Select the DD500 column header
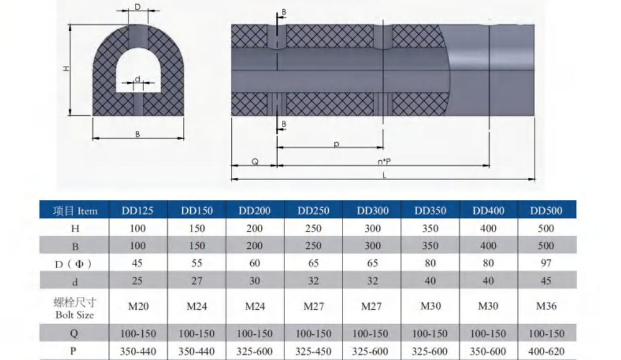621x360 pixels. pos(546,211)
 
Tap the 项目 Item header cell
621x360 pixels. pos(74,211)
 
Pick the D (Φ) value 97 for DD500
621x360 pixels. pos(546,263)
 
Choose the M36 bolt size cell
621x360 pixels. pos(546,306)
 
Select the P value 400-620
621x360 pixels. pos(546,351)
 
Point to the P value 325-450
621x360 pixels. pos(313,351)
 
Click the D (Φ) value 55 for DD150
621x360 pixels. pos(196,263)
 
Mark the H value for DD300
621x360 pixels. pos(372,228)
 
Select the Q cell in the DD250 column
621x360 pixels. pos(313,334)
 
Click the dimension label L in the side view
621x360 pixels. pos(384,175)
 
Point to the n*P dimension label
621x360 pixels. pos(384,161)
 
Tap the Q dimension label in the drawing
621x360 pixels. pos(254,161)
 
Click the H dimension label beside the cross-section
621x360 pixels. pos(66,68)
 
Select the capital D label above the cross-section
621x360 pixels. pos(137,7)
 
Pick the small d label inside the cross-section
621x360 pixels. pos(137,79)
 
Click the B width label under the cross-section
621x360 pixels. pos(137,134)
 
